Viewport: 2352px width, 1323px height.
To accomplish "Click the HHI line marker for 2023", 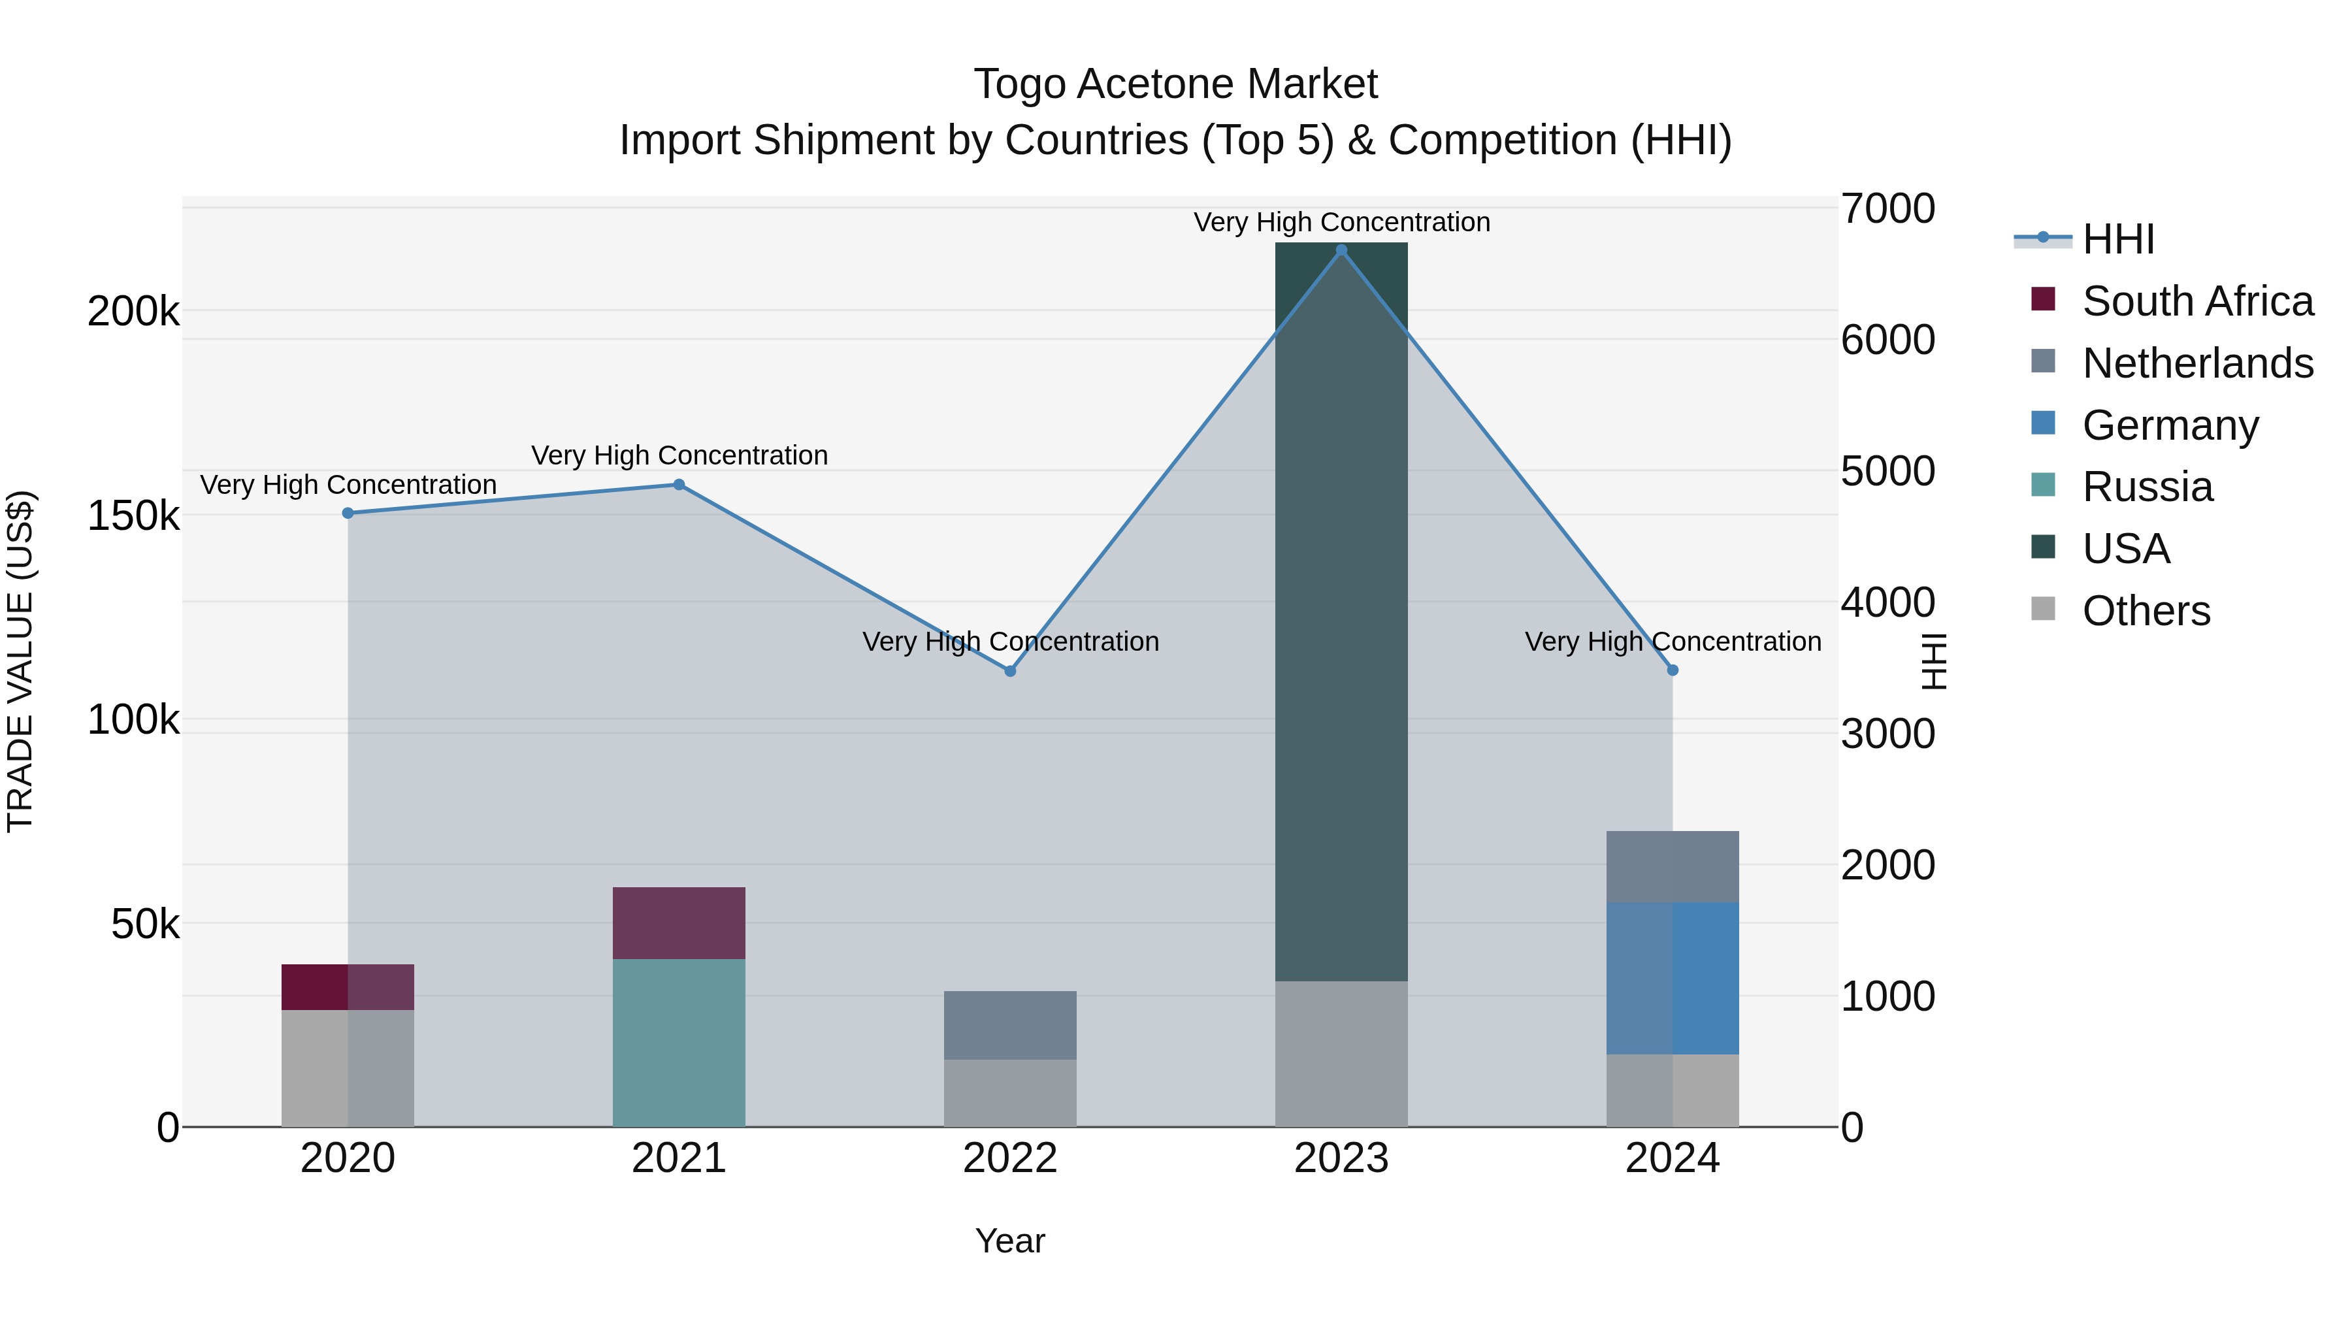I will [1341, 250].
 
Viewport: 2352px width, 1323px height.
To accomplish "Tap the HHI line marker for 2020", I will [348, 513].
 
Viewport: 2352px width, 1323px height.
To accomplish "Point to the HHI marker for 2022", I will [1010, 671].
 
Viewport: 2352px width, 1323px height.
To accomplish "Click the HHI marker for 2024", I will [1673, 670].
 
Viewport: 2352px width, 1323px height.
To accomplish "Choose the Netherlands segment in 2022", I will [1010, 1025].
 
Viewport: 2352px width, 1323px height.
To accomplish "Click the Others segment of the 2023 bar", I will [1341, 1054].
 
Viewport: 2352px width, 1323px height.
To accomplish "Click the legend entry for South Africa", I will [2197, 301].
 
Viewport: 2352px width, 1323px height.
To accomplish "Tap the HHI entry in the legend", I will [2117, 239].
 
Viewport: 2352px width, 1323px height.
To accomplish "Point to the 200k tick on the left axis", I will [133, 312].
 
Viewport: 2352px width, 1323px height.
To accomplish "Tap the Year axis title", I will [1010, 1241].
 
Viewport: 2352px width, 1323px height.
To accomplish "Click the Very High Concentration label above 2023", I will [1341, 223].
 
